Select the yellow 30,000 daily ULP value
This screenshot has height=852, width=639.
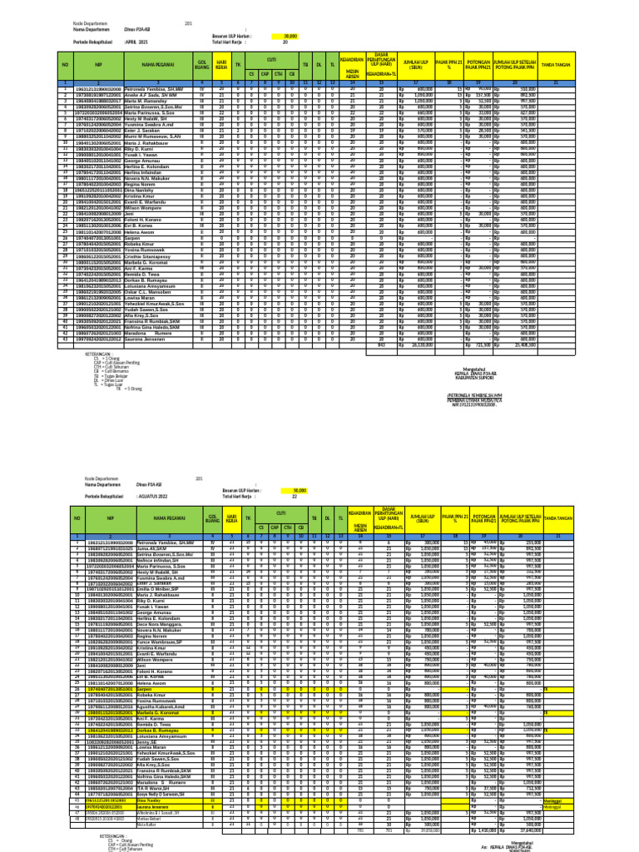(x=290, y=36)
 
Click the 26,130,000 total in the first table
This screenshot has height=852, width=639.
(x=425, y=344)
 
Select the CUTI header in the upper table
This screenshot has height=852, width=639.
(x=271, y=59)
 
